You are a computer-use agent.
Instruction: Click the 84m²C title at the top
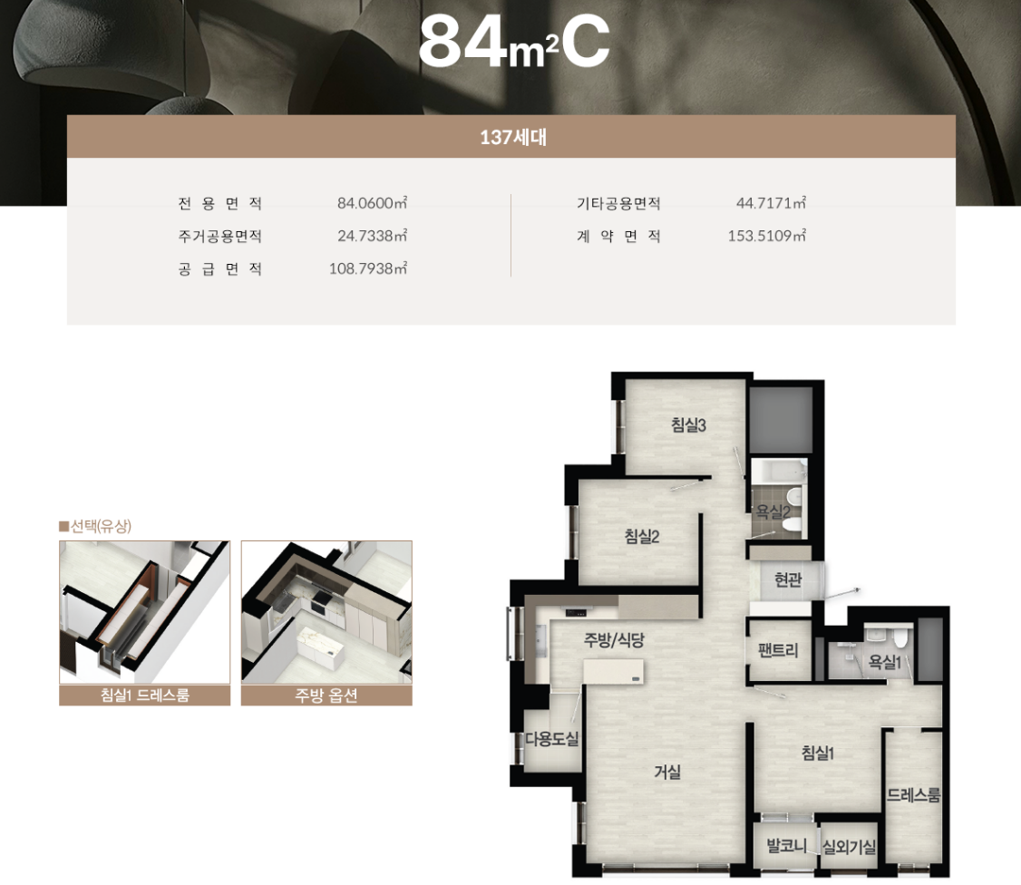514,43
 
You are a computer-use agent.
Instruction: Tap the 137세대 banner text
513,138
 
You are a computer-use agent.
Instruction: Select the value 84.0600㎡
372,203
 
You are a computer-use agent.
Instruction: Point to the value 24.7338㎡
372,236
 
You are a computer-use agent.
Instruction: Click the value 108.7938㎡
368,268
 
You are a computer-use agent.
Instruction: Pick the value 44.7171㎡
771,203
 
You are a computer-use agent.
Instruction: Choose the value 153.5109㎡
767,236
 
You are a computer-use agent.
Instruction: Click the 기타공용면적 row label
618,204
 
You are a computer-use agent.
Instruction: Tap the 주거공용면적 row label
220,237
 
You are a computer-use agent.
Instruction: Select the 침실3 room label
689,425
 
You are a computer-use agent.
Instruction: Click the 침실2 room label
642,536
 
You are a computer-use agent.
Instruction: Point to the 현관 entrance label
788,579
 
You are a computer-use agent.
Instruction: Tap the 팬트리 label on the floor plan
778,650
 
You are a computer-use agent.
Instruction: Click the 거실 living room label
667,772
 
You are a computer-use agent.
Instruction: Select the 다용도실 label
552,739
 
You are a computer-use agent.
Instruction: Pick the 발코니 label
786,846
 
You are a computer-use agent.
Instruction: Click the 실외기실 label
849,847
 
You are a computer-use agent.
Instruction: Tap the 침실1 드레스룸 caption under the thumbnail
144,695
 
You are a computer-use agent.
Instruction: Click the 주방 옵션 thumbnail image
326,612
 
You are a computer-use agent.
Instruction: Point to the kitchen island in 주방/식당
613,672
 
